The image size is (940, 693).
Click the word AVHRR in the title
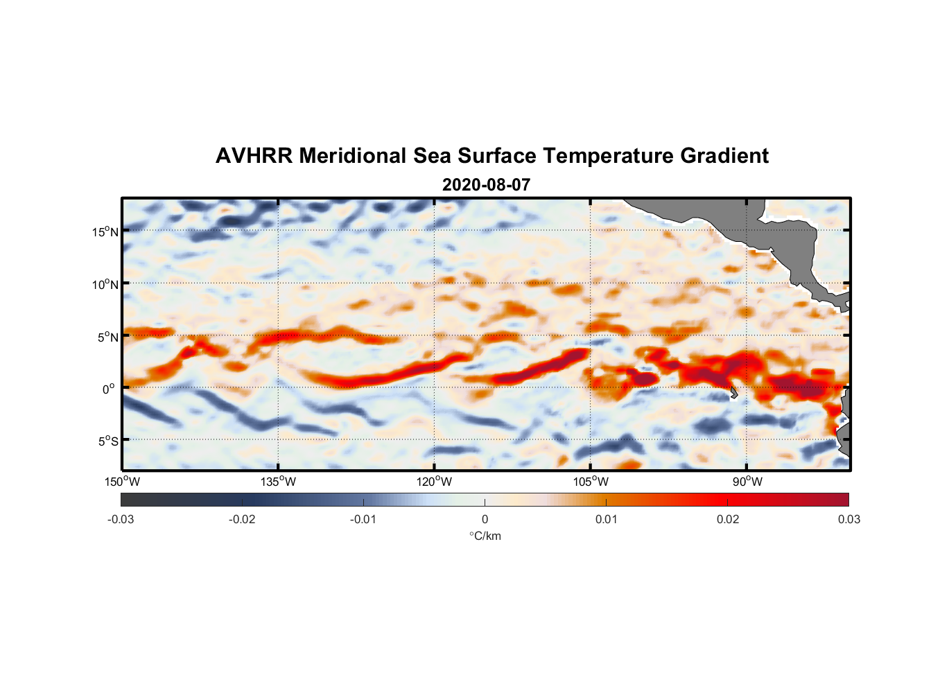click(254, 156)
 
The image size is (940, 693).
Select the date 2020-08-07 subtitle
click(486, 185)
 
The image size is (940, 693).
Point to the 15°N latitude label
click(105, 231)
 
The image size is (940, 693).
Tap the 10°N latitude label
click(105, 284)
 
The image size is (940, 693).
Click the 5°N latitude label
click(107, 337)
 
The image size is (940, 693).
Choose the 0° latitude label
click(110, 389)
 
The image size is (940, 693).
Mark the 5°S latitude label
click(107, 441)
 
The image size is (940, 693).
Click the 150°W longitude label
click(123, 482)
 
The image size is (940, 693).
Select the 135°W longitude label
click(279, 482)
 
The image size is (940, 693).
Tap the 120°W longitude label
click(435, 482)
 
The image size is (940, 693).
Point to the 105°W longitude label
click(591, 482)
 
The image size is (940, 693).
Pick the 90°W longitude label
click(747, 482)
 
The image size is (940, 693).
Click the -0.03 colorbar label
click(121, 519)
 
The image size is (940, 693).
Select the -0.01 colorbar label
click(363, 519)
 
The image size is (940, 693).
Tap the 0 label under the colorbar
click(485, 519)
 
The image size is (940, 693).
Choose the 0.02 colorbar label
click(728, 519)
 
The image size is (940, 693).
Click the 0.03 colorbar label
click(848, 519)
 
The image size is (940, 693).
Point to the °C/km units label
click(485, 536)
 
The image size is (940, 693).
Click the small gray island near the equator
click(733, 392)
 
